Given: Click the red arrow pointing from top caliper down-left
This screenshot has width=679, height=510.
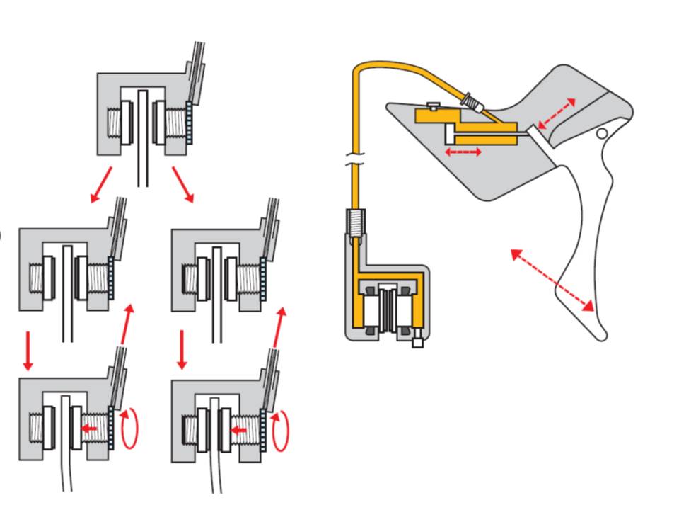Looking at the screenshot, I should pyautogui.click(x=101, y=184).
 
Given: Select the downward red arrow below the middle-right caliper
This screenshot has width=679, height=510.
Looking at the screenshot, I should pyautogui.click(x=182, y=348).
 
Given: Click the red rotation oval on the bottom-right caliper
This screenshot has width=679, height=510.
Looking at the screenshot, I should pyautogui.click(x=281, y=429).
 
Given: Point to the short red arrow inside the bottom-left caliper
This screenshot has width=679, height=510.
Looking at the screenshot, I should pyautogui.click(x=88, y=428).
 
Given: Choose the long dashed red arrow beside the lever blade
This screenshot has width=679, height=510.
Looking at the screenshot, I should pyautogui.click(x=552, y=279).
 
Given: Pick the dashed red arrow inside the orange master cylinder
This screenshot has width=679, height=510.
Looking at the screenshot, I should pyautogui.click(x=463, y=151).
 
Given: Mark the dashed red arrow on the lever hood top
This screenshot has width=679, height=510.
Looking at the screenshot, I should pyautogui.click(x=556, y=113).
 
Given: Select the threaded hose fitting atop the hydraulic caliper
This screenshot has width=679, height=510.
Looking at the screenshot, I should pyautogui.click(x=356, y=225).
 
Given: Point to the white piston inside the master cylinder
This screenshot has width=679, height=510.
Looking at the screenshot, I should pyautogui.click(x=450, y=133).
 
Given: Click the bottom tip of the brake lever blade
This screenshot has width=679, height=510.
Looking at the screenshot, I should pyautogui.click(x=601, y=334).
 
